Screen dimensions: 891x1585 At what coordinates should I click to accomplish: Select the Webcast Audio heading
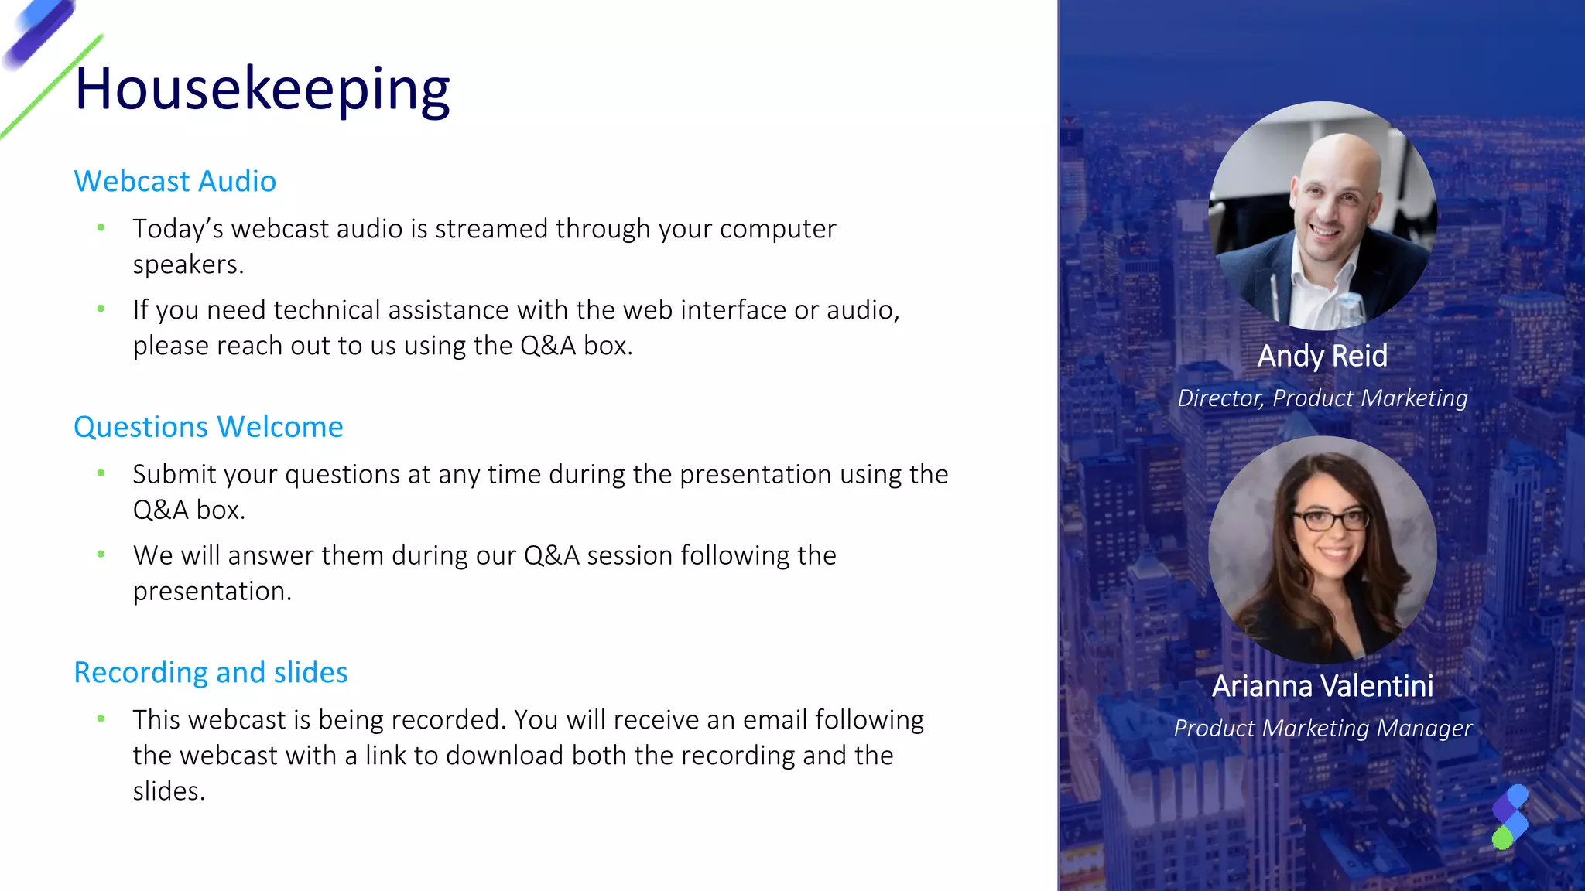(175, 182)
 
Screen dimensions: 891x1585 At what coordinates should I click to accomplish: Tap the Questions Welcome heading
(208, 427)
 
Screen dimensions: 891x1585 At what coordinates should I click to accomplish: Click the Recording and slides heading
(211, 673)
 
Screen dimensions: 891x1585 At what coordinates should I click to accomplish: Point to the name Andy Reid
(1322, 356)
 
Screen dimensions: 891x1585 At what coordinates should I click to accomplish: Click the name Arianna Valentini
(1322, 686)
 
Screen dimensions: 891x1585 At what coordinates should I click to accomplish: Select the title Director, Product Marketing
(1322, 398)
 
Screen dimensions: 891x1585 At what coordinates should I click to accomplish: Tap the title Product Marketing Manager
(1322, 729)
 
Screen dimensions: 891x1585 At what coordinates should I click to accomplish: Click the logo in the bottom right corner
(1510, 817)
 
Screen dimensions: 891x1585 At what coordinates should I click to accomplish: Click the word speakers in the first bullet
(187, 265)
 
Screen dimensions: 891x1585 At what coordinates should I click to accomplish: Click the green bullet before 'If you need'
(101, 309)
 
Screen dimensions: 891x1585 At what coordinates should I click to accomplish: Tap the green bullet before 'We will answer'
(101, 554)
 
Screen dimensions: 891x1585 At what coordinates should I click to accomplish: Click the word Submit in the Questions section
(174, 474)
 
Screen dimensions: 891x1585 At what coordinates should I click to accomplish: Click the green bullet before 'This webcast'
(101, 719)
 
